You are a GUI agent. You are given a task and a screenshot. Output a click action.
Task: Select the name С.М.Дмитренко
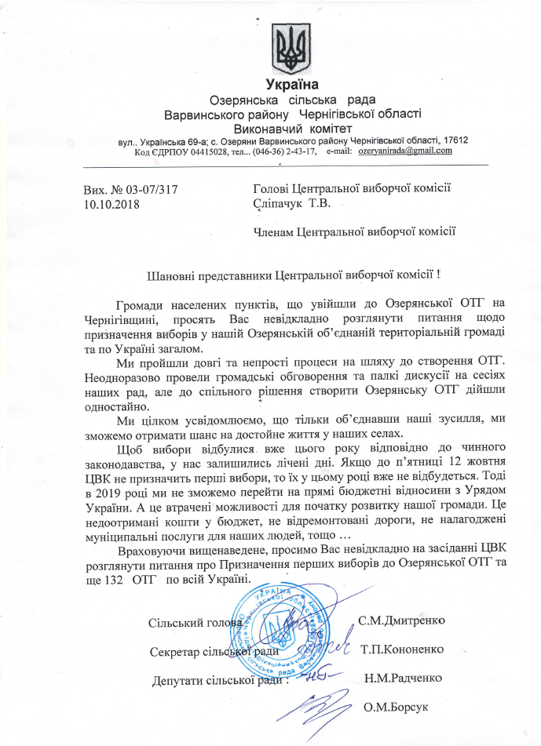point(401,620)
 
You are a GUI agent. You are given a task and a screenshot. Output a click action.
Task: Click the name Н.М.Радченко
point(403,678)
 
